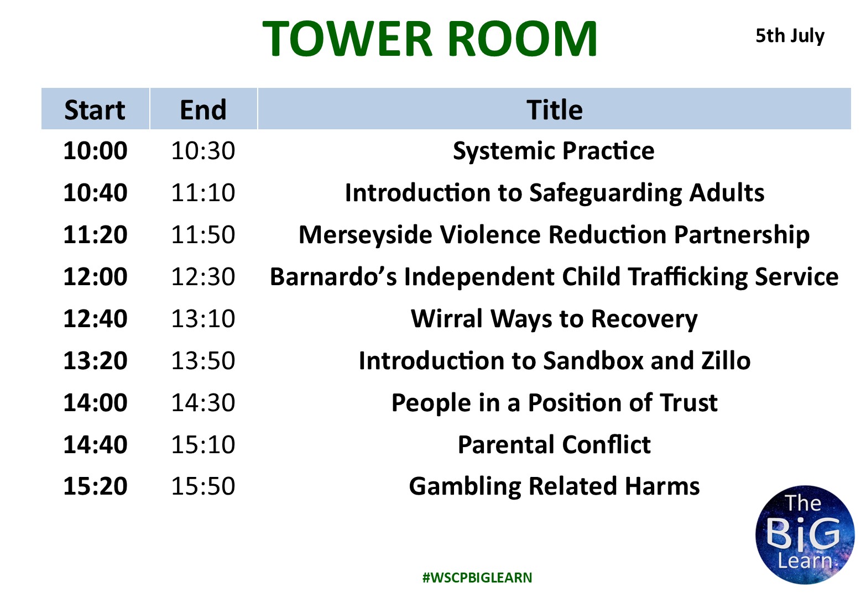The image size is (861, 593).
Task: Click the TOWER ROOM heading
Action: pyautogui.click(x=430, y=39)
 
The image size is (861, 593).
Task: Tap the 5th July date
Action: pyautogui.click(x=790, y=36)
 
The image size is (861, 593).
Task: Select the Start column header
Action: pyautogui.click(x=95, y=110)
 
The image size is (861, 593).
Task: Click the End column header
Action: pyautogui.click(x=203, y=110)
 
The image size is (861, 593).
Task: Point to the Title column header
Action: pyautogui.click(x=554, y=110)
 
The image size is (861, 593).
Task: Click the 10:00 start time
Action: pyautogui.click(x=95, y=150)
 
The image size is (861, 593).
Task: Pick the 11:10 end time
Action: pyautogui.click(x=203, y=192)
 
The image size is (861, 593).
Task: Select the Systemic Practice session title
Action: pyautogui.click(x=554, y=151)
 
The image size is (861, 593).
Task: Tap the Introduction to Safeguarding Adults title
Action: pyautogui.click(x=554, y=193)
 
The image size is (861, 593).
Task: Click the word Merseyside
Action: pyautogui.click(x=365, y=235)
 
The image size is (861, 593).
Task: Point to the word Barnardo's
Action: pyautogui.click(x=333, y=276)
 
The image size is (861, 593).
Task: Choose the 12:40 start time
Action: pyautogui.click(x=95, y=319)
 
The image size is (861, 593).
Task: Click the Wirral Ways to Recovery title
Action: pyautogui.click(x=554, y=319)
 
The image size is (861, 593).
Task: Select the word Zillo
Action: pyautogui.click(x=726, y=361)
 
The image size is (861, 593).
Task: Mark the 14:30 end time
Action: pyautogui.click(x=203, y=402)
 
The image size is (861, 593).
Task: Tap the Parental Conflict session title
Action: pyautogui.click(x=554, y=444)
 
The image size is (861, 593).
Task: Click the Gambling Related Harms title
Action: pyautogui.click(x=554, y=487)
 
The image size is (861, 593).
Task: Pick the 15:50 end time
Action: pyautogui.click(x=203, y=486)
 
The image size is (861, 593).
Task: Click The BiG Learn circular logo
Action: pyautogui.click(x=805, y=534)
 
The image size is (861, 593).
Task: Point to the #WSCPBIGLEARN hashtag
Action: pyautogui.click(x=477, y=578)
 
